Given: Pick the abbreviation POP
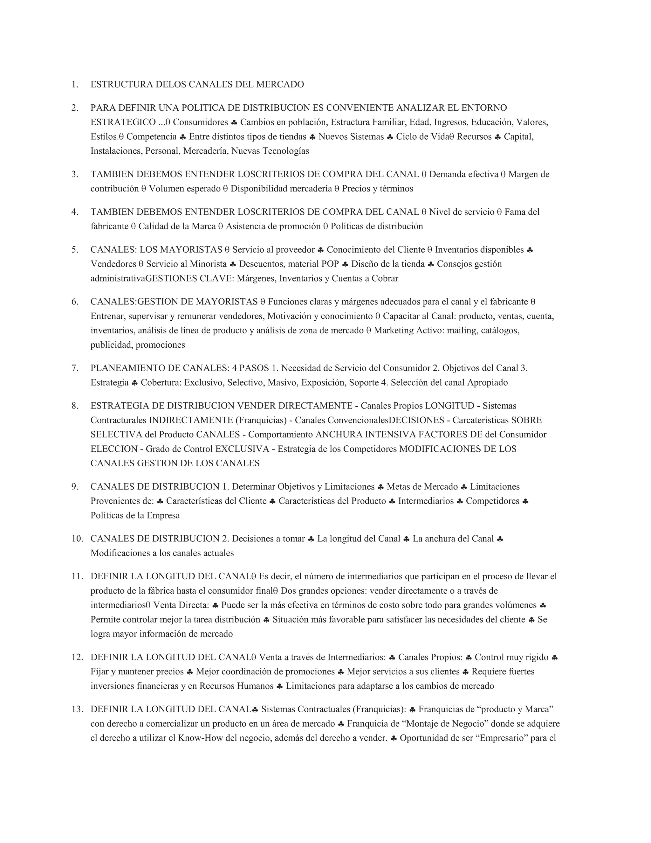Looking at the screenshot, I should (x=330, y=264).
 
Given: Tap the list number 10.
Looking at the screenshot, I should (x=76, y=539).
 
